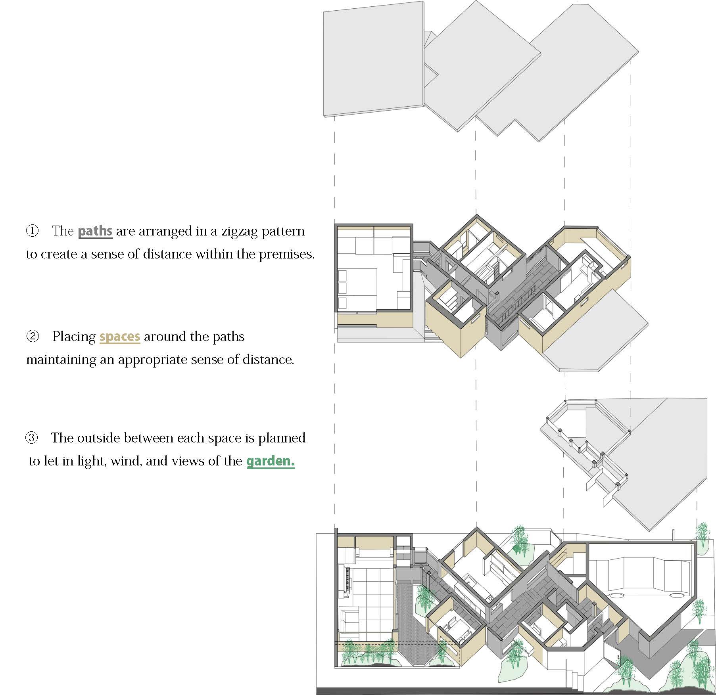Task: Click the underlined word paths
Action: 95,231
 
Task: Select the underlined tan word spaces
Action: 119,337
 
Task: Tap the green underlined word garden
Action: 270,461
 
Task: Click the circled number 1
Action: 32,231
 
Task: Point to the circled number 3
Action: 32,438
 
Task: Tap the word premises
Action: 286,254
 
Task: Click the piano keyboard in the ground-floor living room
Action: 345,583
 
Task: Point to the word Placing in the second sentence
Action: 74,337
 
